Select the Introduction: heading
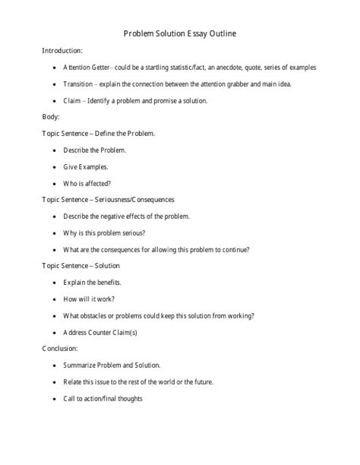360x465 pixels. point(62,50)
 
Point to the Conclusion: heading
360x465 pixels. point(61,349)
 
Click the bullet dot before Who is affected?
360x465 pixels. point(54,183)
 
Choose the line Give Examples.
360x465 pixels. point(86,166)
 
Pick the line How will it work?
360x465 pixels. point(89,299)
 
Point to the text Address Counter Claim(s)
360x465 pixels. point(100,332)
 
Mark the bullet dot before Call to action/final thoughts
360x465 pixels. point(54,399)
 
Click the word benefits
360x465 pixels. point(108,283)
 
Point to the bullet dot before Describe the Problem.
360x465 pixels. point(54,150)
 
